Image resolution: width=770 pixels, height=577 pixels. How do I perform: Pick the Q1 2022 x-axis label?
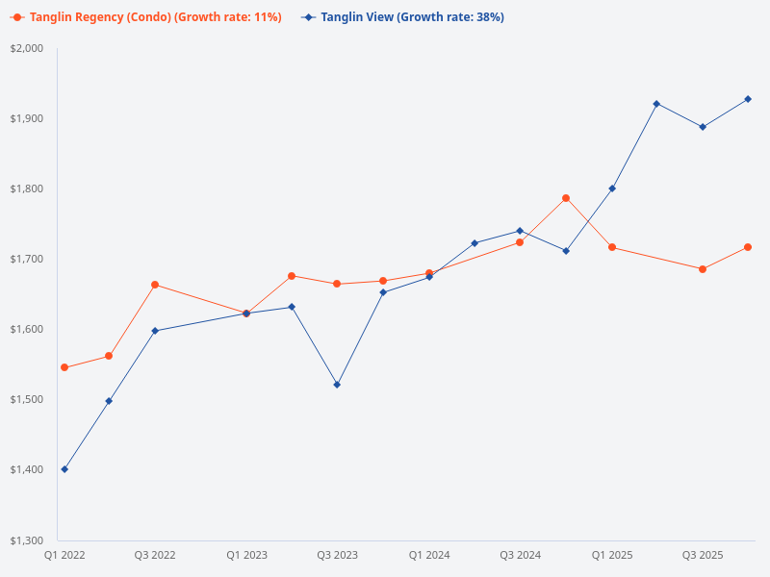pyautogui.click(x=64, y=556)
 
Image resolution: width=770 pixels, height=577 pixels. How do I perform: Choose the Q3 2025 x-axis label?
pyautogui.click(x=703, y=556)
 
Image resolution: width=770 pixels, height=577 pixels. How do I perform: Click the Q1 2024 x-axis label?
pyautogui.click(x=429, y=556)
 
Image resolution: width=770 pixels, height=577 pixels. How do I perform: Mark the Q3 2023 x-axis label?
pyautogui.click(x=337, y=556)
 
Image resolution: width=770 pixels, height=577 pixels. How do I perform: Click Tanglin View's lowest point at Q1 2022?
pyautogui.click(x=64, y=469)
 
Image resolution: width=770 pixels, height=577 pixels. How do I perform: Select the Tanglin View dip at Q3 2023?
pyautogui.click(x=337, y=385)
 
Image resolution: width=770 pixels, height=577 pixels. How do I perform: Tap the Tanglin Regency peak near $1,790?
pyautogui.click(x=566, y=198)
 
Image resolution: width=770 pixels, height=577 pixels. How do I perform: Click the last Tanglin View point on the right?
pyautogui.click(x=748, y=99)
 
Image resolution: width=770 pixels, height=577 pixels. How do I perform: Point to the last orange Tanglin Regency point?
pyautogui.click(x=748, y=247)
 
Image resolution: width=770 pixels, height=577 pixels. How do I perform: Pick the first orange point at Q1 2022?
pyautogui.click(x=64, y=367)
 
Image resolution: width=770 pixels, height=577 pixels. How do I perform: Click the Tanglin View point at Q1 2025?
pyautogui.click(x=612, y=188)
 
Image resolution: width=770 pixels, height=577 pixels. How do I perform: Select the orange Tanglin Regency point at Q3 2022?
pyautogui.click(x=155, y=285)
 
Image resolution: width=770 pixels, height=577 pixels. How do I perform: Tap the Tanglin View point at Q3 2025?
pyautogui.click(x=703, y=127)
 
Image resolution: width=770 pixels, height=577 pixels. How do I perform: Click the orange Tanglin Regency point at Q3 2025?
pyautogui.click(x=703, y=269)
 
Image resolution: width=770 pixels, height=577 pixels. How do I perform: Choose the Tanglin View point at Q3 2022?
pyautogui.click(x=155, y=331)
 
